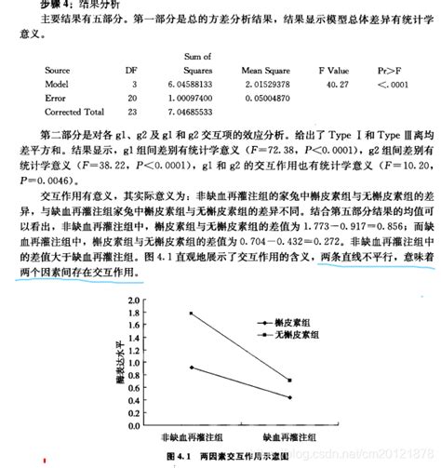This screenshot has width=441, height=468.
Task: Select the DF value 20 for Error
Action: coord(134,97)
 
